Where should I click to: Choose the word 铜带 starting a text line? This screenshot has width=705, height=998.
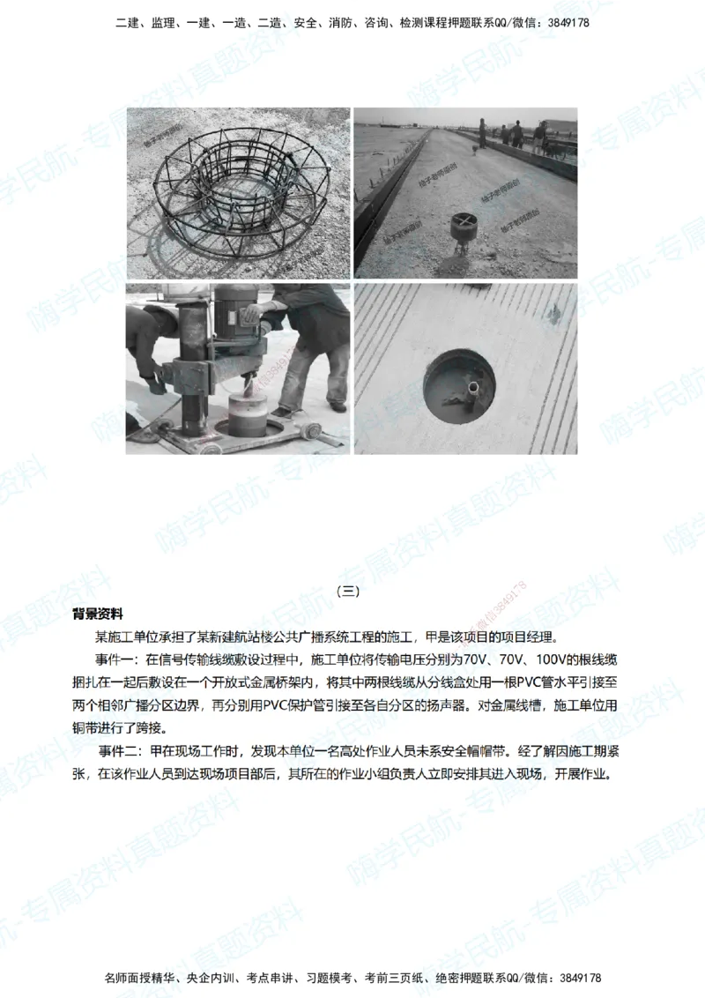pyautogui.click(x=85, y=729)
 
